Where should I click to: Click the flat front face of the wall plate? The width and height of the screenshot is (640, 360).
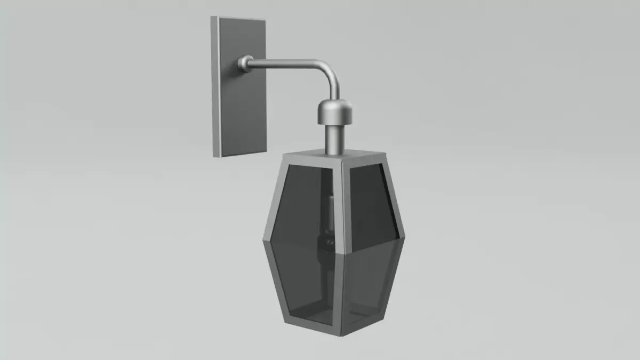243,107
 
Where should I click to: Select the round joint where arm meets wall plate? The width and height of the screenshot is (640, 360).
245,63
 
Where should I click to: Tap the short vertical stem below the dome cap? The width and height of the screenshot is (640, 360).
334,139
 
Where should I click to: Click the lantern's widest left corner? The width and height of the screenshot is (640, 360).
263,239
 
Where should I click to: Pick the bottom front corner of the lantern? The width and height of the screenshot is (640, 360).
341,334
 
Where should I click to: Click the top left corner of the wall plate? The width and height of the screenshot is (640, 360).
213,17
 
